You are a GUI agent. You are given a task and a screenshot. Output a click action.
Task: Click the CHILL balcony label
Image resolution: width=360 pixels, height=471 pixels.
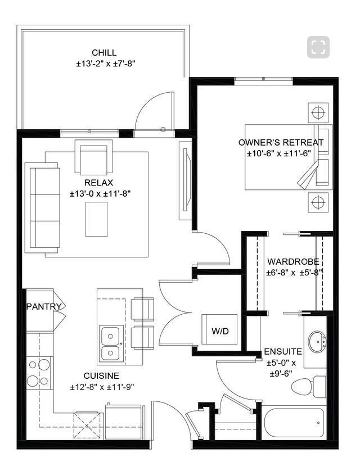coord(105,53)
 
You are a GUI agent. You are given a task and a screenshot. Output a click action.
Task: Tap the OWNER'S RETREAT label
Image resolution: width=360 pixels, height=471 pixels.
coord(281,142)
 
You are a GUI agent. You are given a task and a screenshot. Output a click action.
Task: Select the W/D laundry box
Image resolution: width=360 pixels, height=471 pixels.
coord(220,330)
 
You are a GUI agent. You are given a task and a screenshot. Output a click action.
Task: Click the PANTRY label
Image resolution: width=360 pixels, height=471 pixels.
coord(39,306)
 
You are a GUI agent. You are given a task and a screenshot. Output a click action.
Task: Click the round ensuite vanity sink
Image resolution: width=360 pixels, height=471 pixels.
coord(318,341)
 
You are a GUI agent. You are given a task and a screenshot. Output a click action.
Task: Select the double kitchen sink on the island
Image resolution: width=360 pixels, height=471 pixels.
coord(111,344)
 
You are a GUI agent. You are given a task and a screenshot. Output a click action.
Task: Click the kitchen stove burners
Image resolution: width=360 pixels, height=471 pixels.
coord(38,373)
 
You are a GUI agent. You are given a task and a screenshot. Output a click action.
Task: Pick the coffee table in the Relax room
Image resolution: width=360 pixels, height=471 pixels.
coord(96,219)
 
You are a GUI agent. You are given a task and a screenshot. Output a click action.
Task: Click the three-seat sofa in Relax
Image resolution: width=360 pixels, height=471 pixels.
coord(43,207)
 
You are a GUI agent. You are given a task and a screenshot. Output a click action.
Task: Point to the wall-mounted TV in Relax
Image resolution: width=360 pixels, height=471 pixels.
coord(186,180)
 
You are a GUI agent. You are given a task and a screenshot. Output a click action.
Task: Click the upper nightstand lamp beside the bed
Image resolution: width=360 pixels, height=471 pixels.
coord(318,112)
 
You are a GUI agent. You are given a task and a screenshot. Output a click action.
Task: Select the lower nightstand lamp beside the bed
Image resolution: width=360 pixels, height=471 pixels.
coord(318,201)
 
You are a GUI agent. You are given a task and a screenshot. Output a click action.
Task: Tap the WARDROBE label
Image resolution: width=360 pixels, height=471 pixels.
coord(293,261)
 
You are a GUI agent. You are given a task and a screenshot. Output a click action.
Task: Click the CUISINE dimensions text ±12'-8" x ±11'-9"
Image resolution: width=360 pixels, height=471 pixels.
coord(102,387)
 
